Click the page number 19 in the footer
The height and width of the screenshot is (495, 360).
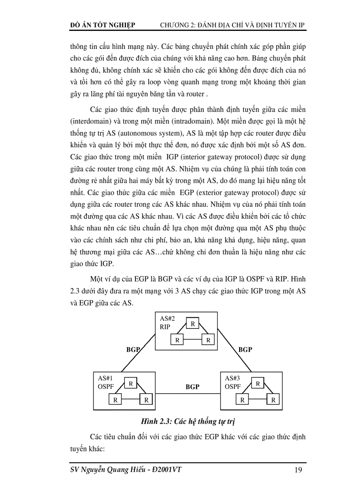point(298,470)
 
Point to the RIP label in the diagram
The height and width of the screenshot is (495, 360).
point(165,328)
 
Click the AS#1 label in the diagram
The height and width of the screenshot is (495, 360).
point(105,378)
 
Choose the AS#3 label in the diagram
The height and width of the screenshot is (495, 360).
point(232,378)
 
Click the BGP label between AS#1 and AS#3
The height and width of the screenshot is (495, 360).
point(192,387)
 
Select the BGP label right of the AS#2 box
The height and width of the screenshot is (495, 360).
point(245,349)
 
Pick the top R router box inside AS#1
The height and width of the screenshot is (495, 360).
point(131,383)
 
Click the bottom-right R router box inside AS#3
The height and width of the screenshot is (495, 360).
point(273,400)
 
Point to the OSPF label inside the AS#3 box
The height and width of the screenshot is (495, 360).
point(232,387)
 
